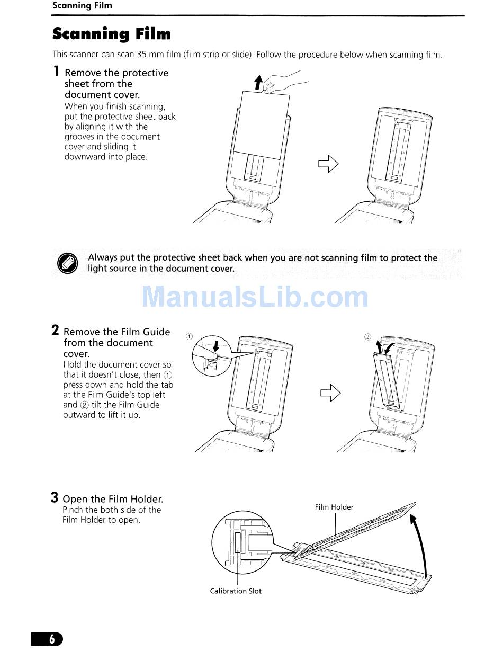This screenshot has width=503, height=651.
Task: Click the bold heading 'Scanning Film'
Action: pos(112,34)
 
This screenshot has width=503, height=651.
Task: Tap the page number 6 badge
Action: pos(52,639)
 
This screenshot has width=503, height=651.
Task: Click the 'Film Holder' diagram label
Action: pos(334,507)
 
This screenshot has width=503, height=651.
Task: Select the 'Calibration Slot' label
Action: pos(236,591)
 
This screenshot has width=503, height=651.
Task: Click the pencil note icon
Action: pos(67,263)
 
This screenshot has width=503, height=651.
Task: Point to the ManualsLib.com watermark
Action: pos(255,297)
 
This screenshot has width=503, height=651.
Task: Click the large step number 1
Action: pos(56,72)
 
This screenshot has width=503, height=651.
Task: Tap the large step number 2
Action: pos(56,331)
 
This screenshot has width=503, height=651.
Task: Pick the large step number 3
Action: pos(55,497)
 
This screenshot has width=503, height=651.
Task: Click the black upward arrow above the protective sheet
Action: pos(258,82)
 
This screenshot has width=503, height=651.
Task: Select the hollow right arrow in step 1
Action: pos(328,164)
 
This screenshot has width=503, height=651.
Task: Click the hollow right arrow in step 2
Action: pos(330,394)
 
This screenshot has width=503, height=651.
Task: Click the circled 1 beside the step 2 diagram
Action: pos(190,336)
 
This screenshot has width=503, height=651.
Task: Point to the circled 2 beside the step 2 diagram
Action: pos(368,336)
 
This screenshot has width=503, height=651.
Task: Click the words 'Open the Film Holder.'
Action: pos(113,499)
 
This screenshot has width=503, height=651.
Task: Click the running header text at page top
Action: pos(82,6)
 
